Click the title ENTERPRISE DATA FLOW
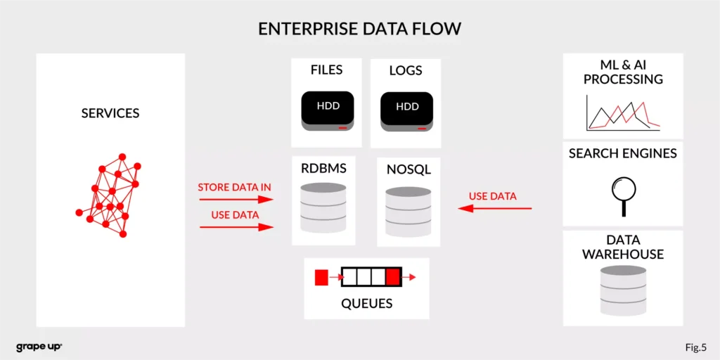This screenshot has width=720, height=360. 359,29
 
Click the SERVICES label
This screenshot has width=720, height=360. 110,113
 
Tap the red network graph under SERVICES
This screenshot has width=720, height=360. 109,195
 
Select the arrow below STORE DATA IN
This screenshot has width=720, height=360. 236,200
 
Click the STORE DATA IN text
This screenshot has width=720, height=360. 234,188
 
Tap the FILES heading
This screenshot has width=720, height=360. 327,70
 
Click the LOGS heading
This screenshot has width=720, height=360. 406,70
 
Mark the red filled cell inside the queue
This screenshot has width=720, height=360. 394,277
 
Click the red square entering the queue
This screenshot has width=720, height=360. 321,277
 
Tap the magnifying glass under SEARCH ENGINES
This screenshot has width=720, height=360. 623,195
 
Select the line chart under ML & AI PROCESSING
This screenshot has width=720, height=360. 623,114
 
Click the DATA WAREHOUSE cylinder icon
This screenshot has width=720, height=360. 623,290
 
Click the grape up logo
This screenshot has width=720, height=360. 39,347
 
